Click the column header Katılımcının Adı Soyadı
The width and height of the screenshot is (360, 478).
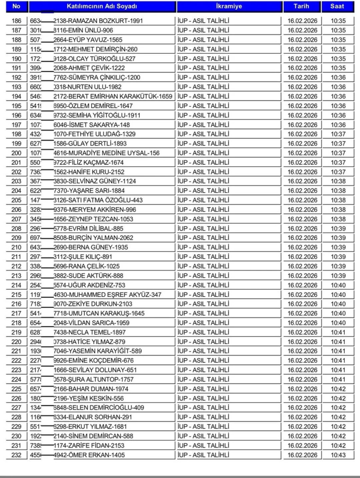point(102,7)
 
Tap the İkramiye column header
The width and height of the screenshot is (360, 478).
point(228,7)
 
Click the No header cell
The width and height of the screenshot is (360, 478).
point(17,7)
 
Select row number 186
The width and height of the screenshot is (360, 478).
point(17,21)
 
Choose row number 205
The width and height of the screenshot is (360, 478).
point(17,200)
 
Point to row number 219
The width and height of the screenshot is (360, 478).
point(17,332)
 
